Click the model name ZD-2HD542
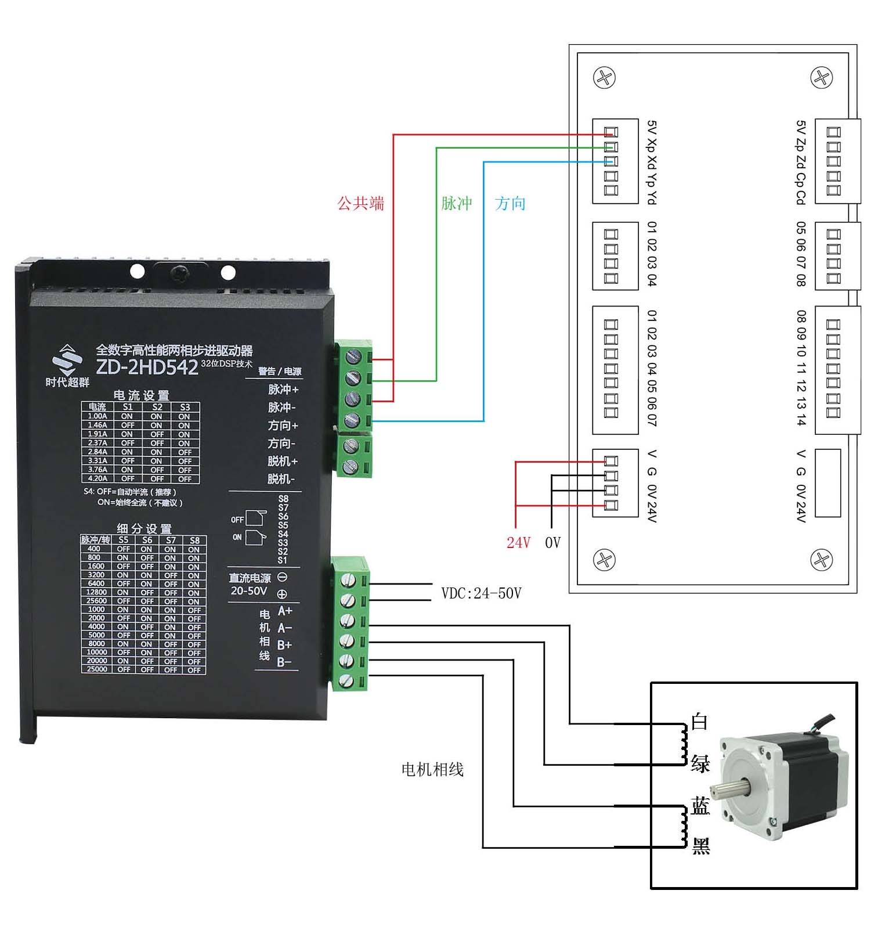click(x=147, y=367)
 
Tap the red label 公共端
click(x=360, y=203)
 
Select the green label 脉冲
click(x=457, y=203)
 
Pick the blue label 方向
click(x=511, y=203)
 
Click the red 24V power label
click(x=518, y=542)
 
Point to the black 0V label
click(x=552, y=542)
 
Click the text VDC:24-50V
click(x=481, y=593)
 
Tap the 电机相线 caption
click(x=432, y=770)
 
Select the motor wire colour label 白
click(x=699, y=722)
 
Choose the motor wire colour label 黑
click(x=700, y=846)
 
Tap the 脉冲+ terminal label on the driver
click(x=283, y=390)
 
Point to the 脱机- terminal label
click(x=281, y=479)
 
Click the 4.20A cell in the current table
click(x=97, y=479)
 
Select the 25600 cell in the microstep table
click(x=96, y=601)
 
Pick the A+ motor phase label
click(x=284, y=611)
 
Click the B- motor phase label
click(x=284, y=662)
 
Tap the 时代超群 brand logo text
click(x=68, y=382)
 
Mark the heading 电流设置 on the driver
click(x=141, y=395)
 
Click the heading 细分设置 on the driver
click(x=144, y=529)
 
